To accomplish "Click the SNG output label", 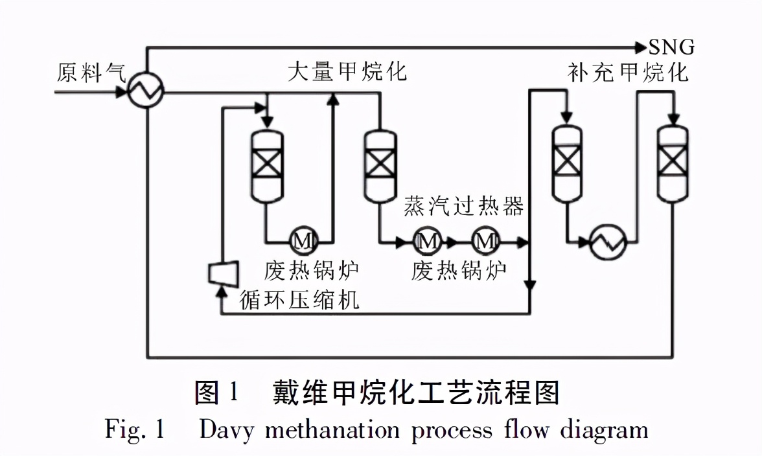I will click(672, 47).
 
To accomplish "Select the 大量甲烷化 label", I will click(347, 71).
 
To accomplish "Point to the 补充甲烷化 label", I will click(627, 72).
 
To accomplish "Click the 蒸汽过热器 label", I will click(463, 206).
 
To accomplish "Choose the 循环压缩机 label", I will click(299, 300).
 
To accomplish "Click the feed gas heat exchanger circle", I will click(145, 93).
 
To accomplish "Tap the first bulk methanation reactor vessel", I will click(267, 165).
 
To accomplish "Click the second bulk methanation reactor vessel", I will click(380, 165).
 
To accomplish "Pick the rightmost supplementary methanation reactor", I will click(673, 162).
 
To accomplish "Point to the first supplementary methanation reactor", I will click(566, 162).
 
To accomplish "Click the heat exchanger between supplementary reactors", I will click(608, 243).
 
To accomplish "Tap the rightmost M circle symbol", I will click(485, 242).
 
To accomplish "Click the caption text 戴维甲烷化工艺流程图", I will click(416, 393).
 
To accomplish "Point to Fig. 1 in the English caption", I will click(135, 430).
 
